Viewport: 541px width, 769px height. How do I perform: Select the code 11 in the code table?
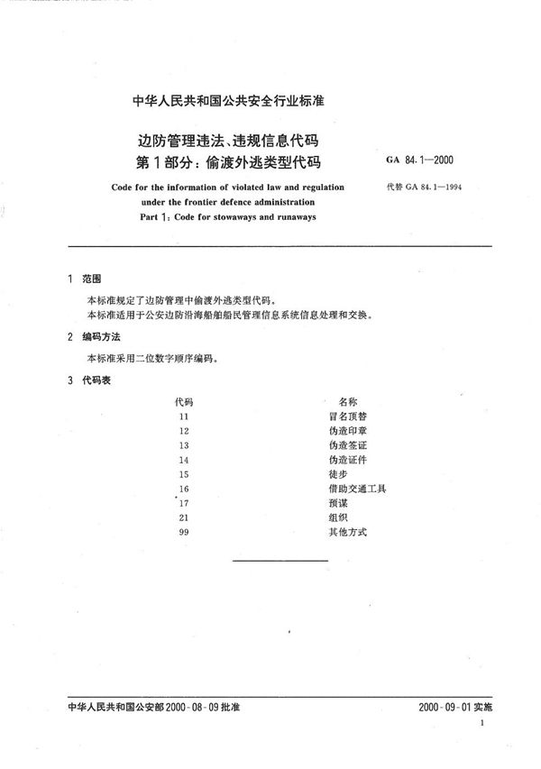[184, 417]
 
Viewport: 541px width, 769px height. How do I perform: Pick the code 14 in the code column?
[184, 460]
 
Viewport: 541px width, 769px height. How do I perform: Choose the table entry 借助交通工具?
[358, 489]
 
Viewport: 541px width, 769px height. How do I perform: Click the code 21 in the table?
[184, 517]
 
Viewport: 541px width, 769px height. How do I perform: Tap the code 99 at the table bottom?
[184, 532]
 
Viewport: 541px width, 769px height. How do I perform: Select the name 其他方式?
[348, 532]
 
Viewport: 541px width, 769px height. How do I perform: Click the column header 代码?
[184, 400]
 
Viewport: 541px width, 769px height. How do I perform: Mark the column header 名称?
[349, 400]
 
